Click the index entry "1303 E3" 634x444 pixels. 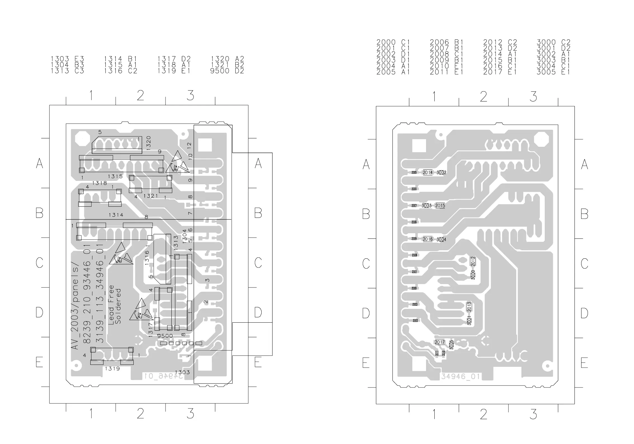(x=67, y=59)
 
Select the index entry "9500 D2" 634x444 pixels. (x=227, y=71)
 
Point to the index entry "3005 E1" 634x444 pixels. (x=553, y=72)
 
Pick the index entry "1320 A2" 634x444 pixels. (x=227, y=59)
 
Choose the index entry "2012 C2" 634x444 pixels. (x=500, y=42)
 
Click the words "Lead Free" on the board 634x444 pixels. (x=111, y=305)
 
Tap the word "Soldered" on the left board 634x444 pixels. (x=118, y=306)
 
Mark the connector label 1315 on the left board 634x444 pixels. (x=115, y=176)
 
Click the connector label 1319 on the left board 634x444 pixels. (x=112, y=369)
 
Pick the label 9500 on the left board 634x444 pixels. (x=165, y=336)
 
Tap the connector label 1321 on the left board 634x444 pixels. (x=151, y=196)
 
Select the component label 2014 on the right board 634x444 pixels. (x=427, y=173)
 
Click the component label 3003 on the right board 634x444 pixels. (x=427, y=206)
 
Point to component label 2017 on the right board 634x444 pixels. (x=439, y=342)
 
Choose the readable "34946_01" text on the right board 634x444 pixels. (x=460, y=377)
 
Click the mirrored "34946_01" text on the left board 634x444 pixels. (x=164, y=376)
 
